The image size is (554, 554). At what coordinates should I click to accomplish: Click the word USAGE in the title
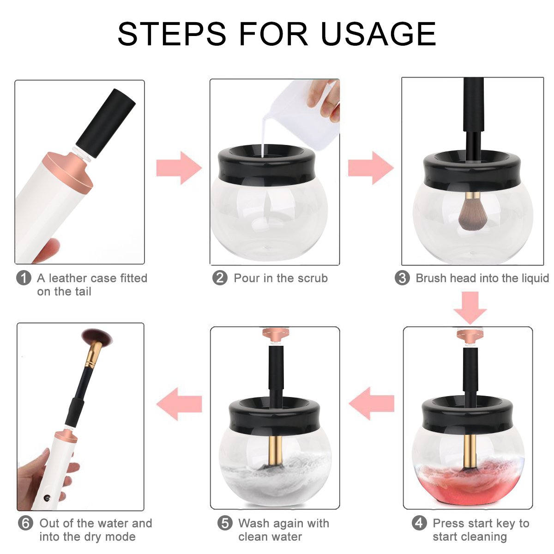tap(379, 33)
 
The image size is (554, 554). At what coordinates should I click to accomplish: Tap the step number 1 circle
tap(24, 278)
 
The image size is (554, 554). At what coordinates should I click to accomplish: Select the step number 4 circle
tap(419, 523)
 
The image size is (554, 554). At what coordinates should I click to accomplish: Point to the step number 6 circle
tap(26, 523)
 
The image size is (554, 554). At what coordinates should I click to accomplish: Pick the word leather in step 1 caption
tap(68, 278)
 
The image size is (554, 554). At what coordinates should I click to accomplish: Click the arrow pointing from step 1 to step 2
tap(179, 168)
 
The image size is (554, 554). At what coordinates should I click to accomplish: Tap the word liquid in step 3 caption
tap(533, 278)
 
